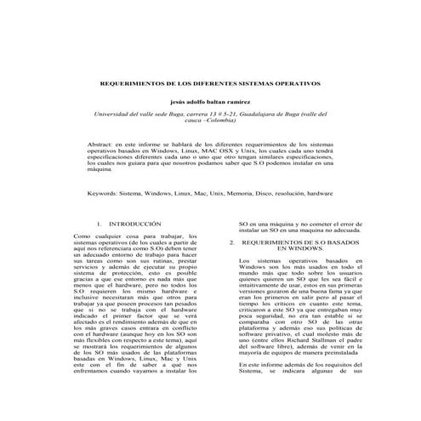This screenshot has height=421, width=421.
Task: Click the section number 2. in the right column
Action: click(x=232, y=242)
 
